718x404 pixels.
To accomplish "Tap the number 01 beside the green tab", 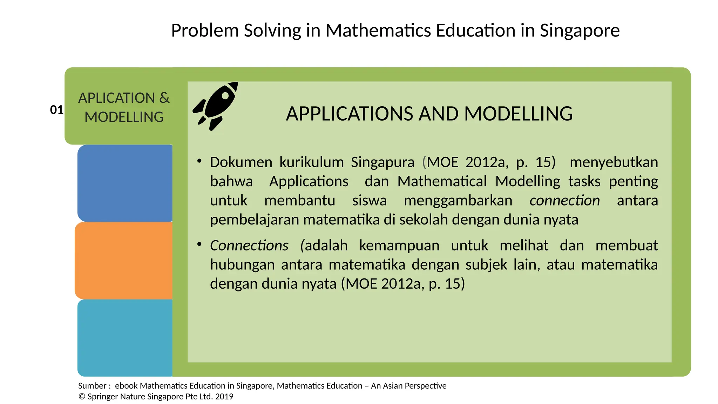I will point(56,110).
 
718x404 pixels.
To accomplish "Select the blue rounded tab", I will point(125,183).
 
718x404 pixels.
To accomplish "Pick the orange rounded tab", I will point(124,260).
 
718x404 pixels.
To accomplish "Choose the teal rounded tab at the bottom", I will point(125,337).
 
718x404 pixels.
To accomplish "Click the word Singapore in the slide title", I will point(580,31).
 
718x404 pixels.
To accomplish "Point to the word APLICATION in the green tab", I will point(116,98).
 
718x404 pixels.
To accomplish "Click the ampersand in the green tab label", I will point(164,98).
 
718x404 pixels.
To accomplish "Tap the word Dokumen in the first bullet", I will point(241,162).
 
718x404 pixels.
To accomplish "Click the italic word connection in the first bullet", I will point(564,201).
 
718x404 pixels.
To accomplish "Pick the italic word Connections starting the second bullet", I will point(249,245).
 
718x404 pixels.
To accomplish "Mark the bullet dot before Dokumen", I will point(199,161).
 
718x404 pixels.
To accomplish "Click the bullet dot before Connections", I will point(199,244).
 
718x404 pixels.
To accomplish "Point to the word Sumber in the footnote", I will point(92,386).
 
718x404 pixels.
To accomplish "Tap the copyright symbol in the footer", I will point(82,397).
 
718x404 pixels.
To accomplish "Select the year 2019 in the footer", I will point(224,397).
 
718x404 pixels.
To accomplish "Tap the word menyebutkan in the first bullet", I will point(614,162).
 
